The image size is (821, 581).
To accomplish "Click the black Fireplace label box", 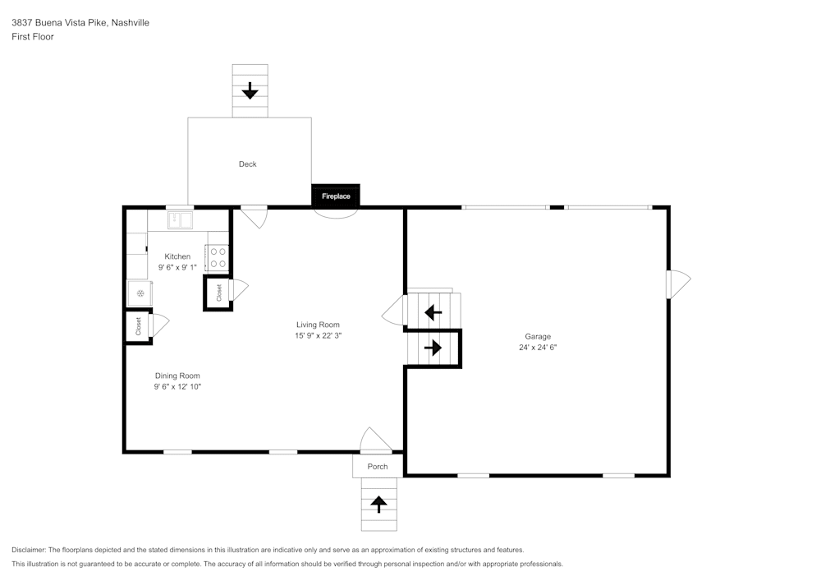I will point(335,196).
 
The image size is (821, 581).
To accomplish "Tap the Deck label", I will point(247,164).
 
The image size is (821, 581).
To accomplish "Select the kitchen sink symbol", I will point(179,220).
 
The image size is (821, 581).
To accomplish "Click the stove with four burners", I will point(218,258).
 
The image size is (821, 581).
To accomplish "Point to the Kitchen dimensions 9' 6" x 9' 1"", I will point(177,267).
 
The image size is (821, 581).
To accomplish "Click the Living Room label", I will point(318,325).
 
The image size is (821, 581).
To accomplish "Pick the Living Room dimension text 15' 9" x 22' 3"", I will point(318,335).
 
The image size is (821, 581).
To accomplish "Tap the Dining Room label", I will point(177,376).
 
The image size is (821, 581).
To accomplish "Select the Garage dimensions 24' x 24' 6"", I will point(538,347).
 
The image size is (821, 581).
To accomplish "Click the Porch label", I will point(377,467).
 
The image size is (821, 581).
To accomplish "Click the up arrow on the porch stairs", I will point(378,504).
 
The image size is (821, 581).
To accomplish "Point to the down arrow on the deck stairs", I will point(250,90).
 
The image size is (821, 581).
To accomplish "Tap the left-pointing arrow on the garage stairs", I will point(433,312).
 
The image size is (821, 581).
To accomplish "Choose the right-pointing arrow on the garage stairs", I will point(433,348).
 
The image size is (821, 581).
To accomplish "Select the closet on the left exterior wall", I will point(138,326).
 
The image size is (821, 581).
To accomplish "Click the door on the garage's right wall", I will point(678,284).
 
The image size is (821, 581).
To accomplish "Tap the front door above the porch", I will point(376,441).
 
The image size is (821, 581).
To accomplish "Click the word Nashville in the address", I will point(131,23).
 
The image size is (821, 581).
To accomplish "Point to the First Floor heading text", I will point(33,37).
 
